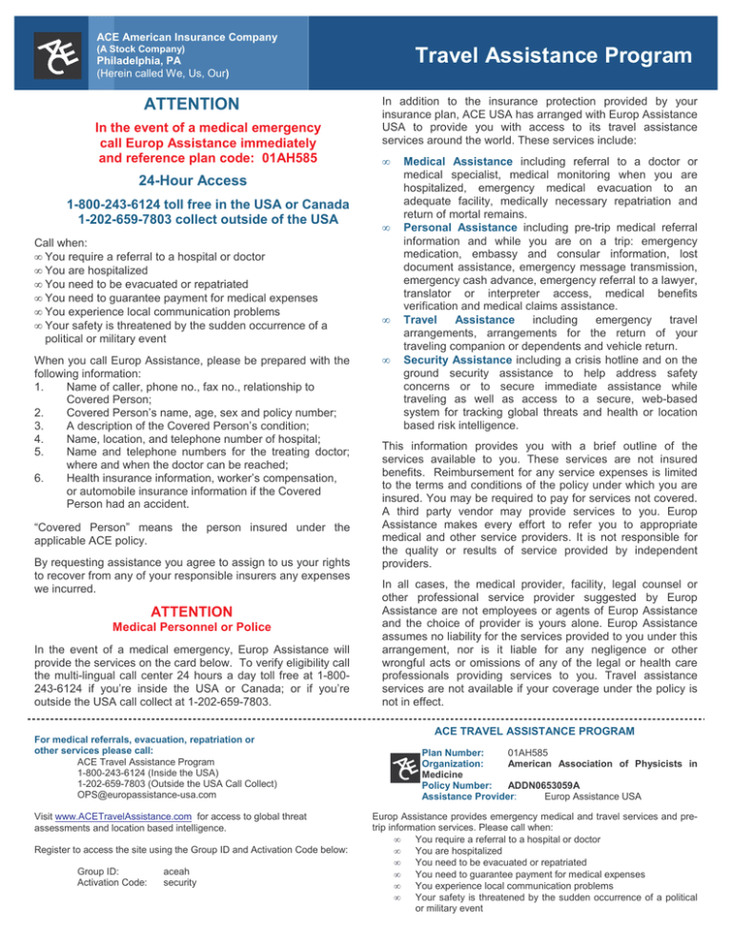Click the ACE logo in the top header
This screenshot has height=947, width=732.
(55, 51)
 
